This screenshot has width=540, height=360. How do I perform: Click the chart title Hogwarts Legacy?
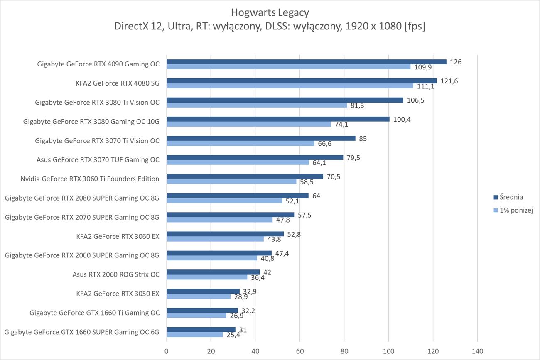pyautogui.click(x=270, y=12)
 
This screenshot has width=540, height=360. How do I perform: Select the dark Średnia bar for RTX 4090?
pyautogui.click(x=306, y=61)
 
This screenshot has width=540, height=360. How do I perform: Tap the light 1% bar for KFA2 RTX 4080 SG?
pyautogui.click(x=290, y=86)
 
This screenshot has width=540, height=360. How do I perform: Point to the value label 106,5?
pyautogui.click(x=416, y=100)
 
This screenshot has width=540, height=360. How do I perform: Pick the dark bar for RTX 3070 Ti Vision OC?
pyautogui.click(x=261, y=138)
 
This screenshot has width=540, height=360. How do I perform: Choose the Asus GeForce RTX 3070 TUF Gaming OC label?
pyautogui.click(x=98, y=160)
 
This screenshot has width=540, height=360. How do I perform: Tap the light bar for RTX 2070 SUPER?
pyautogui.click(x=219, y=220)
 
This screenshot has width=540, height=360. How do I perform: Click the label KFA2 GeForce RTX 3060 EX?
pyautogui.click(x=118, y=236)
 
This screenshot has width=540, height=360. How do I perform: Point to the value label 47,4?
pyautogui.click(x=282, y=253)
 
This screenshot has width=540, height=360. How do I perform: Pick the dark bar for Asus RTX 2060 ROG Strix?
pyautogui.click(x=213, y=272)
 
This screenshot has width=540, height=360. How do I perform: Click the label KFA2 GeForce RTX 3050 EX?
pyautogui.click(x=118, y=294)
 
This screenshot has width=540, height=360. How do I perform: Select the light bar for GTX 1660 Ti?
pyautogui.click(x=196, y=315)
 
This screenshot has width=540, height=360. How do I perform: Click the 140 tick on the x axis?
pyautogui.click(x=477, y=351)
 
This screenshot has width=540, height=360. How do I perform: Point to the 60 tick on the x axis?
pyautogui.click(x=299, y=351)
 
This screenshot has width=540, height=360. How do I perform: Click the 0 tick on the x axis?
pyautogui.click(x=167, y=351)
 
